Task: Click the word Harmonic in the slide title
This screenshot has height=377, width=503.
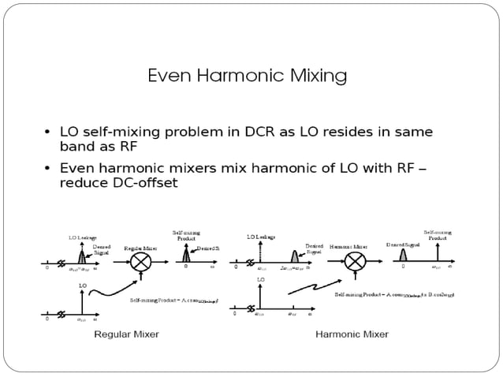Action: (x=243, y=77)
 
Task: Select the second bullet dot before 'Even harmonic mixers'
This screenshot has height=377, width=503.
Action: (x=49, y=169)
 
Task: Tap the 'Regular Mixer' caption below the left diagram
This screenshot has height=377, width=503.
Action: (x=126, y=334)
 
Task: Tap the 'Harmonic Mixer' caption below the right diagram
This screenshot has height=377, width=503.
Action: (x=352, y=334)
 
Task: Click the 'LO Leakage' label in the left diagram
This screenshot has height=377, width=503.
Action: (x=82, y=237)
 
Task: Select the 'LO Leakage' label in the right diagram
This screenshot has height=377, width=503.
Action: (x=261, y=237)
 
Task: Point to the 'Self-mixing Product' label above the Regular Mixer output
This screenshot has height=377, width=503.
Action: (x=186, y=235)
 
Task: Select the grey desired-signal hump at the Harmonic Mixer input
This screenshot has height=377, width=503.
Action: (x=295, y=256)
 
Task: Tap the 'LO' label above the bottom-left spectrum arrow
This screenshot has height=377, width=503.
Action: (x=82, y=286)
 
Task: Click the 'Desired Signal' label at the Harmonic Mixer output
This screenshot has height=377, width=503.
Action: (x=403, y=245)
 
